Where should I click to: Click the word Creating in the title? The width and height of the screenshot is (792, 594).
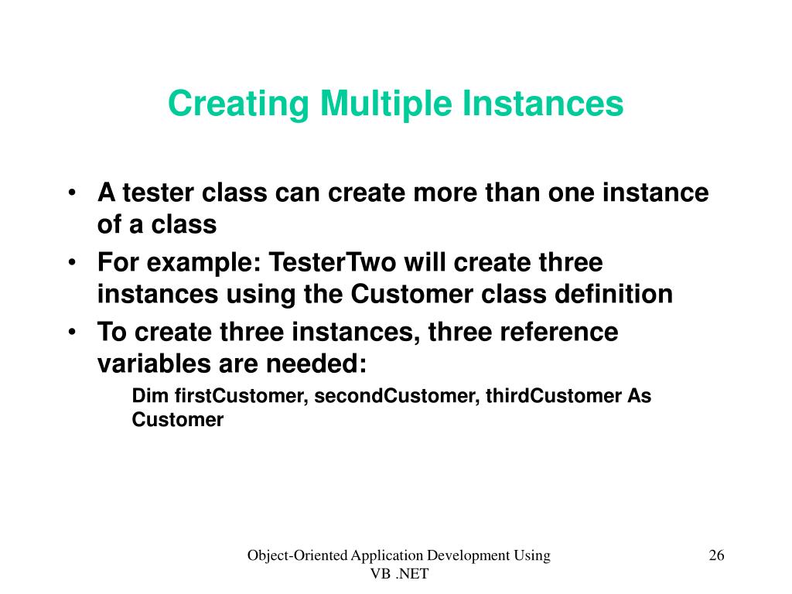tap(238, 104)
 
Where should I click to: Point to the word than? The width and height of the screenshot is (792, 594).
tap(513, 193)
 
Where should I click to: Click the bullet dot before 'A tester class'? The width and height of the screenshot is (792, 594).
tap(72, 193)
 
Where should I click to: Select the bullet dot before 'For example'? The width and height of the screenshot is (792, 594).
tap(72, 263)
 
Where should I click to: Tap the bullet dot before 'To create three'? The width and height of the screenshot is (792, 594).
tap(72, 333)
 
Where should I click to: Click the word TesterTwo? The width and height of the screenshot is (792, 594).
tap(333, 263)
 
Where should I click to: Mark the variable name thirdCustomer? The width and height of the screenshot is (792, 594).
tap(554, 396)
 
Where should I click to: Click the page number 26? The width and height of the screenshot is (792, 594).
tap(716, 555)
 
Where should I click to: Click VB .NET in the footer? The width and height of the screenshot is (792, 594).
tap(399, 574)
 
